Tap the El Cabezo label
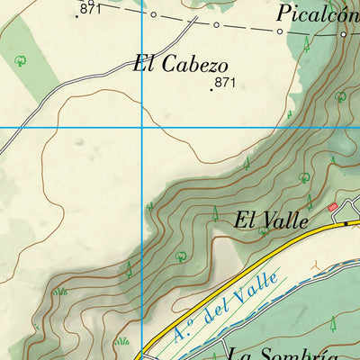tap(180, 65)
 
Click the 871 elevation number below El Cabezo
tap(225, 82)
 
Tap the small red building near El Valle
tap(332, 207)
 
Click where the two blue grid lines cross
tap(141, 128)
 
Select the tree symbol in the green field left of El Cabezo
tap(21, 61)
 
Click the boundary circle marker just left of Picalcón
tap(279, 32)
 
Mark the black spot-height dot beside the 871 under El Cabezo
tap(212, 89)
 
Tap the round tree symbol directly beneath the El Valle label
tap(263, 232)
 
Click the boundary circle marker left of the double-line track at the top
tap(153, 15)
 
